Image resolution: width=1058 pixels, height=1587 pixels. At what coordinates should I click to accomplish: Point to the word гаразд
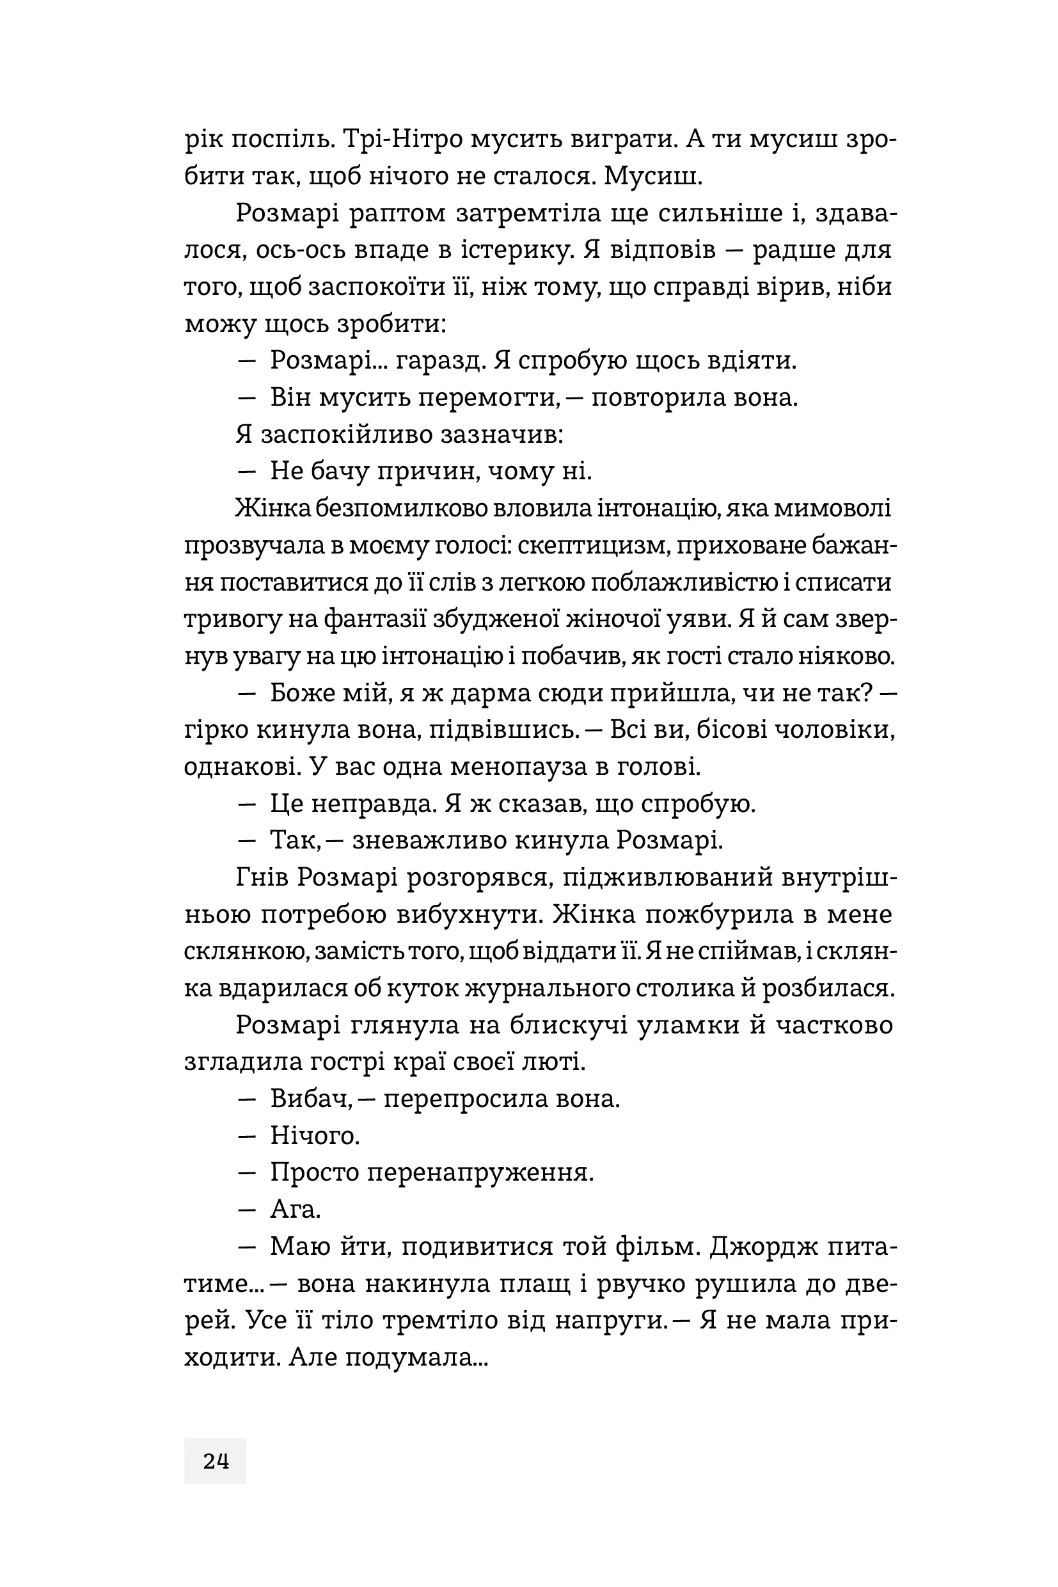pyautogui.click(x=440, y=360)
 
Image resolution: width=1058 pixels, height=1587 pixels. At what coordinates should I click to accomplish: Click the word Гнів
pyautogui.click(x=262, y=877)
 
